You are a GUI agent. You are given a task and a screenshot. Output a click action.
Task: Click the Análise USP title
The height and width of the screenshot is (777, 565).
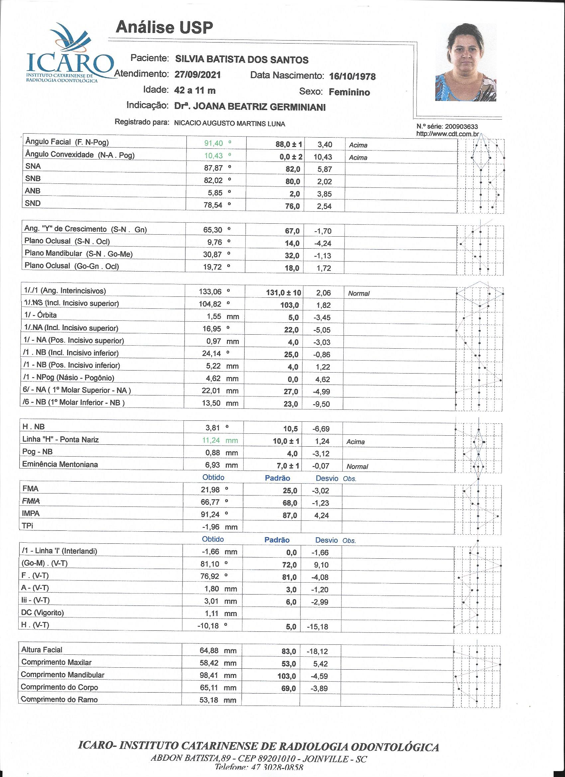164,27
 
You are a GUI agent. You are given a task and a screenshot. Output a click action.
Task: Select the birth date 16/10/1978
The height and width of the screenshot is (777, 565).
352,76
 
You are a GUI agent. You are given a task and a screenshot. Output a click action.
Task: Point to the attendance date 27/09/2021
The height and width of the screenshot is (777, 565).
197,75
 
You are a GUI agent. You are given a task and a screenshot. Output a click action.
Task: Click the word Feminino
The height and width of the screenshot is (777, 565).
349,92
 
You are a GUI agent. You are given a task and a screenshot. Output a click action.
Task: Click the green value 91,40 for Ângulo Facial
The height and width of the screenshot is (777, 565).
213,143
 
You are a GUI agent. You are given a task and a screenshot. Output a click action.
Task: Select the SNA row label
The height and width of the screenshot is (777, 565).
33,166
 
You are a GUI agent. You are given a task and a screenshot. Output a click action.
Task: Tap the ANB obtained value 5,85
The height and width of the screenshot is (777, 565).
215,193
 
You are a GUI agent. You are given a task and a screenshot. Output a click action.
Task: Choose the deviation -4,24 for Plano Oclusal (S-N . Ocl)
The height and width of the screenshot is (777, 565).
322,244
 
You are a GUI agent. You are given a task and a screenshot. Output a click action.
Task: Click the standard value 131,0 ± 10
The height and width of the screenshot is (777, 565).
283,292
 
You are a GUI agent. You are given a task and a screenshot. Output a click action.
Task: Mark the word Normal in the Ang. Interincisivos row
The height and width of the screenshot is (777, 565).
359,293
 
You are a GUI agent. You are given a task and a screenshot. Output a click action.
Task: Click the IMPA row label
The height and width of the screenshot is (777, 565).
31,513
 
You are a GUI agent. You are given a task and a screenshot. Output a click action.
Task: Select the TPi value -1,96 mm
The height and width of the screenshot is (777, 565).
219,526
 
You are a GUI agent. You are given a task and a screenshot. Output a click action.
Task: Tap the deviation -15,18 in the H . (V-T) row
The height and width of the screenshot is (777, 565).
318,626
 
